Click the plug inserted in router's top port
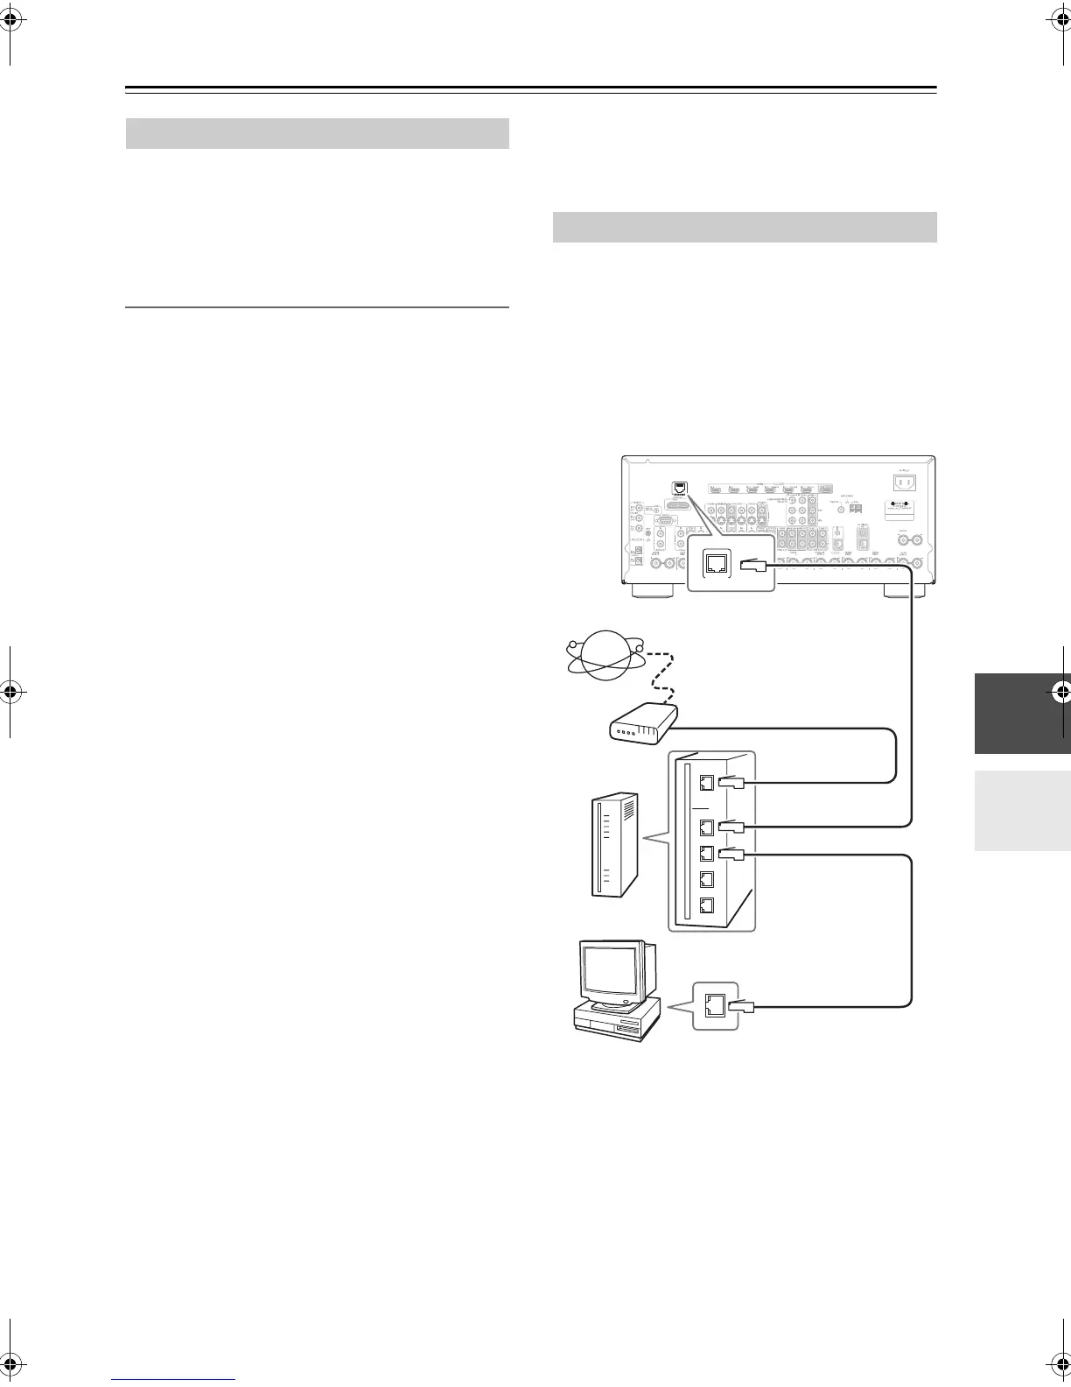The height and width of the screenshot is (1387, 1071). pyautogui.click(x=733, y=783)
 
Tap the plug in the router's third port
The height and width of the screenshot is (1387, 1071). pyautogui.click(x=733, y=855)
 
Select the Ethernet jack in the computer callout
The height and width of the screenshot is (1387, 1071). pyautogui.click(x=714, y=1005)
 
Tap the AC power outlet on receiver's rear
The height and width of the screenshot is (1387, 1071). pyautogui.click(x=905, y=482)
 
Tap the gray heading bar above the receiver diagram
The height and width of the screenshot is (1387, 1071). pyautogui.click(x=745, y=227)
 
